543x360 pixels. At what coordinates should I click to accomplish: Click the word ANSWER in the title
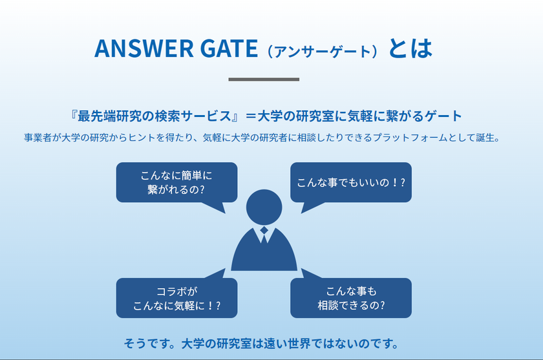(144, 48)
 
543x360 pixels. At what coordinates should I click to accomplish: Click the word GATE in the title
(229, 48)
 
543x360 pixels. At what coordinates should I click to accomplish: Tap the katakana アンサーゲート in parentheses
(323, 52)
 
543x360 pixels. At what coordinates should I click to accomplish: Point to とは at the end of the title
(410, 48)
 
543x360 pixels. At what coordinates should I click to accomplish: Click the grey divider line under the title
(264, 79)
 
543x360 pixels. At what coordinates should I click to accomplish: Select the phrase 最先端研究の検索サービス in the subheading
(154, 116)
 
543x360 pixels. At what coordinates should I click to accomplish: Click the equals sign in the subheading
(251, 116)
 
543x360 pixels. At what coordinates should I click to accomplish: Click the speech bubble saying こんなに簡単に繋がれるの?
(176, 182)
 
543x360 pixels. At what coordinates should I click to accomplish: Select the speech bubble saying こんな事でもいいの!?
(351, 182)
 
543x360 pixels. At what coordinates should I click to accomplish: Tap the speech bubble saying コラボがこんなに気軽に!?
(176, 298)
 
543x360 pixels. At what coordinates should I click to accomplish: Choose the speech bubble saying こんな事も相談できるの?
(351, 298)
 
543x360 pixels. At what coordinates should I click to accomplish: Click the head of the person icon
(264, 207)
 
